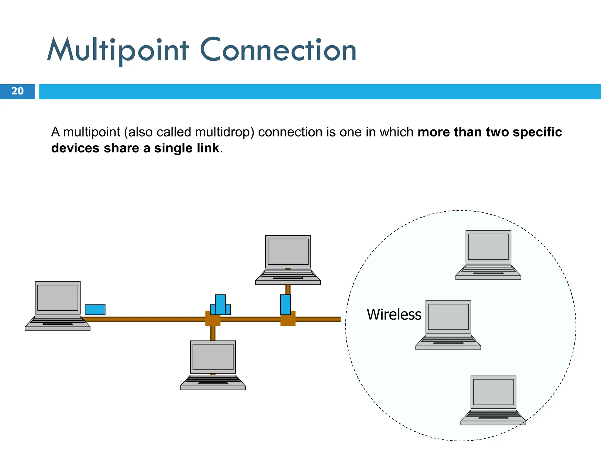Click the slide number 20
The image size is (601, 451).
click(x=17, y=91)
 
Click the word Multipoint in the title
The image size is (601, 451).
click(x=117, y=51)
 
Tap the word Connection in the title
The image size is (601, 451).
click(x=278, y=51)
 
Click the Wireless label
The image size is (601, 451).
click(x=394, y=315)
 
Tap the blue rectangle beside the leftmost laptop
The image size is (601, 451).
click(x=95, y=310)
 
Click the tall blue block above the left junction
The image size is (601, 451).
click(x=220, y=304)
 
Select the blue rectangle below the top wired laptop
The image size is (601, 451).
click(x=285, y=305)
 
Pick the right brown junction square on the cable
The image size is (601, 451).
click(x=288, y=319)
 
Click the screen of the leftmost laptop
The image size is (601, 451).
click(x=58, y=298)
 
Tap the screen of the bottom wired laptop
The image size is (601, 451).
click(x=213, y=357)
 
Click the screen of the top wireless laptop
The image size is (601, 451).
click(x=488, y=247)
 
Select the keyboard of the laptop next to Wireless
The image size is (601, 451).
click(x=448, y=339)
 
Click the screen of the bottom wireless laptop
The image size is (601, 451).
click(x=493, y=392)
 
